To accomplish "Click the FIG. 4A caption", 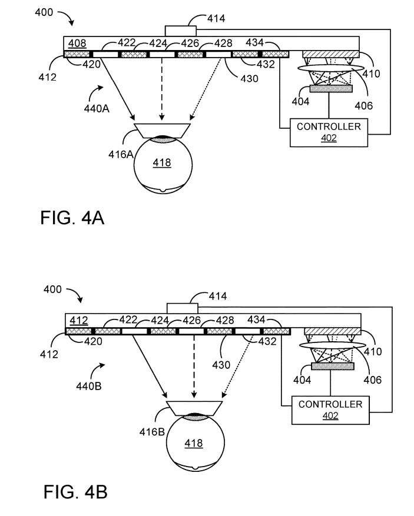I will tap(72, 217).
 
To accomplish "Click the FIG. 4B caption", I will tap(75, 491).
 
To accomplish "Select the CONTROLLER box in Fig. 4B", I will tap(330, 410).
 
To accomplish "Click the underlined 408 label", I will tap(78, 43).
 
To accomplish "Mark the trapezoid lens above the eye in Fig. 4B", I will tap(194, 407).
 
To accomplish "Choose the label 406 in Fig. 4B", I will tap(372, 379).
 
